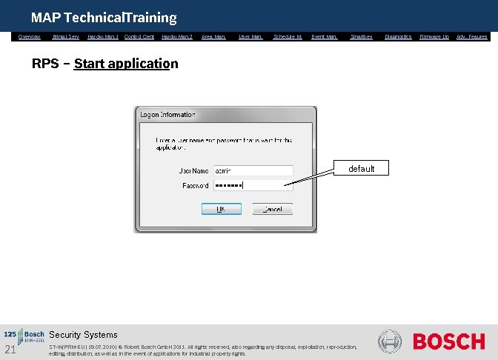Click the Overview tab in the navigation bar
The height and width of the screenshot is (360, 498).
[x=30, y=36]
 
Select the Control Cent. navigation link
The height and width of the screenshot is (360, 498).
[x=139, y=36]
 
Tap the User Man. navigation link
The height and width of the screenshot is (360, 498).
[x=251, y=36]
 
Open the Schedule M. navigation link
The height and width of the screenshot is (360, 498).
[x=288, y=36]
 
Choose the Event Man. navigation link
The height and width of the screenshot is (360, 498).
[x=325, y=36]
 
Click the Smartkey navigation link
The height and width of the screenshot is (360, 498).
[x=362, y=36]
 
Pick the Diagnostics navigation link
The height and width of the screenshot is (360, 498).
[x=399, y=36]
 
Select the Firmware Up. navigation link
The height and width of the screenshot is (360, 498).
[x=434, y=36]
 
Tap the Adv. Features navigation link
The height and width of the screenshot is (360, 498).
[x=472, y=36]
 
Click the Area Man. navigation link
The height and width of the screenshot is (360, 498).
[x=214, y=36]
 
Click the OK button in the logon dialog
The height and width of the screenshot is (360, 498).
[x=221, y=209]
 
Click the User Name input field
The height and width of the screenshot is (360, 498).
[x=253, y=170]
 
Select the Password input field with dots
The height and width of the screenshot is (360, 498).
[x=253, y=185]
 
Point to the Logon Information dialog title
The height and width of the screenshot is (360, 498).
[x=168, y=115]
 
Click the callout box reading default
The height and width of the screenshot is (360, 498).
[x=362, y=169]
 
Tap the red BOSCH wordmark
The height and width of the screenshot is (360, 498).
[x=448, y=341]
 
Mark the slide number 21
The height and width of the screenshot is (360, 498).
[x=10, y=349]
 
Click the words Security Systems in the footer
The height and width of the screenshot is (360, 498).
[x=83, y=335]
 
